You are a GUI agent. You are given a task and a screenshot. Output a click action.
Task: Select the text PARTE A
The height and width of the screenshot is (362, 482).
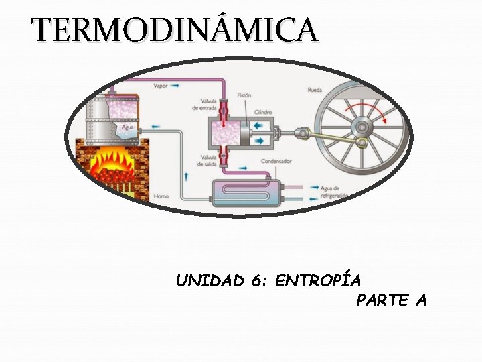[391, 300]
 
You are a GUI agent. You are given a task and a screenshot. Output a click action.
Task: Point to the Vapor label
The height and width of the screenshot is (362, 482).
[161, 86]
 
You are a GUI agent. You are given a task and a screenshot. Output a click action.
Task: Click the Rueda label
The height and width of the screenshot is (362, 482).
[314, 90]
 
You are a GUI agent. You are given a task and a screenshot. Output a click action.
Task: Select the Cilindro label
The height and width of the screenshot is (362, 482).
[262, 111]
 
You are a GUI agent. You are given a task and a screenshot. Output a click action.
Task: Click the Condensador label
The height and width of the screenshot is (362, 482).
[276, 161]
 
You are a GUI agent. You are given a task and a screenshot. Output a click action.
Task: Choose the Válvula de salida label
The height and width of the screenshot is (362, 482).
[204, 162]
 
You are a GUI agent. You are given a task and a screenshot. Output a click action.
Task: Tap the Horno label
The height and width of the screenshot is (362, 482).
[161, 196]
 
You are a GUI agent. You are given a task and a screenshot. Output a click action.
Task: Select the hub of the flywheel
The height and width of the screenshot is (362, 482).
[362, 127]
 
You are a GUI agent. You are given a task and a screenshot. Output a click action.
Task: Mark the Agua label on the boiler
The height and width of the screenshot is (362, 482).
[127, 127]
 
